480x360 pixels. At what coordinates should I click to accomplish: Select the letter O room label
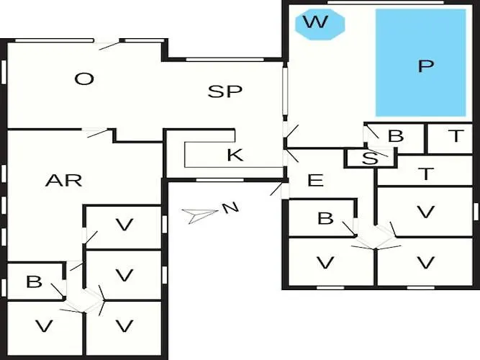pos(85,78)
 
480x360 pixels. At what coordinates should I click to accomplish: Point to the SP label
pos(225,91)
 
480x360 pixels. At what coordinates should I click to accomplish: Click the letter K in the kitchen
pos(235,155)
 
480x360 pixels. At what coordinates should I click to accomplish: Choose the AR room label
pos(63,180)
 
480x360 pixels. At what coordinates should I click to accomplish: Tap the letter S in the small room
pos(369,159)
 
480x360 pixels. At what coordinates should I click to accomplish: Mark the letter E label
pos(315,180)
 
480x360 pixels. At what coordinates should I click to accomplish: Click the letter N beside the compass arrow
pos(230,209)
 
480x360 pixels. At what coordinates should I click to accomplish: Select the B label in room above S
pos(395,136)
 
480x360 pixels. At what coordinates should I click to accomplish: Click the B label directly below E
pos(325,218)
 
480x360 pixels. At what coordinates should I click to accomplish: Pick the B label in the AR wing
pos(34,282)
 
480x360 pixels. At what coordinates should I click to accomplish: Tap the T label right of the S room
pos(427,174)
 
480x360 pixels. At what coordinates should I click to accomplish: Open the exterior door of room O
pos(109,44)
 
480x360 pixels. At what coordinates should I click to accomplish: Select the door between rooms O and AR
pos(97,132)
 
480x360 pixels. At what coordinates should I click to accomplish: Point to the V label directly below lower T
pos(426,212)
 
